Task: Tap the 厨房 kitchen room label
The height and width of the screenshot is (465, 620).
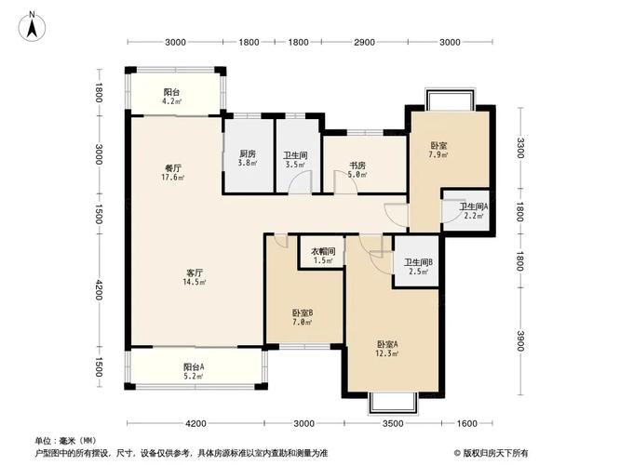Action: (247, 154)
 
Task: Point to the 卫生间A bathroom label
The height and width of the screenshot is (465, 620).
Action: (474, 207)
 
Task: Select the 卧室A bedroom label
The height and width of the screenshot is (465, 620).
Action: (387, 343)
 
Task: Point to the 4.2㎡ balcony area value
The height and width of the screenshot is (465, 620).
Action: (172, 101)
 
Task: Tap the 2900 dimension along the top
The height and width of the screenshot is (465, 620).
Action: (364, 43)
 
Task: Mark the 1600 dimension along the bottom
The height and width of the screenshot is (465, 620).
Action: (465, 424)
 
